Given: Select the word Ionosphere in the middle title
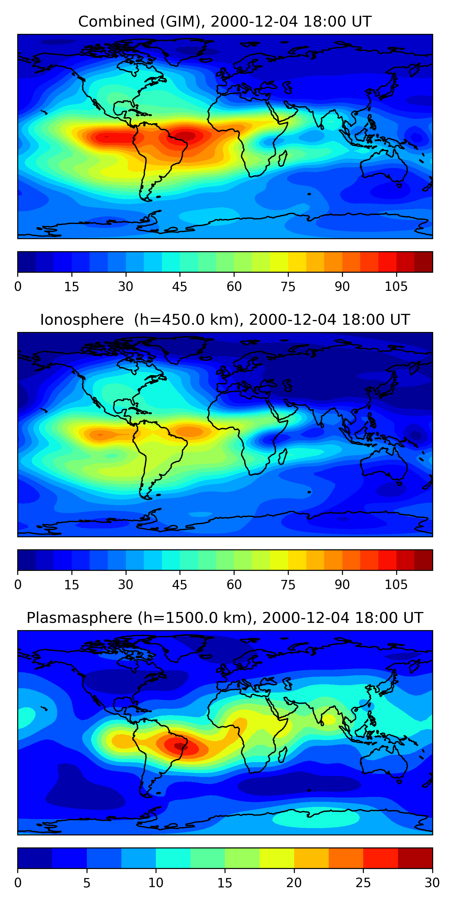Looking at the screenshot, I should point(82,320).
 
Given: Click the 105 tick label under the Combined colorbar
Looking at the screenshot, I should point(396,287).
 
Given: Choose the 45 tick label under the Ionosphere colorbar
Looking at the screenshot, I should point(179,584).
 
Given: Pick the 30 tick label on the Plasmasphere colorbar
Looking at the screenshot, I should point(432,883).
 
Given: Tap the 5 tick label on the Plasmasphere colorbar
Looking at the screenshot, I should point(87,883).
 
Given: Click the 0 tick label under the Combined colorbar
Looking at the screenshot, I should point(18,287).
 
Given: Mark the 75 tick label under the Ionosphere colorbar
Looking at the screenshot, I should point(288,584).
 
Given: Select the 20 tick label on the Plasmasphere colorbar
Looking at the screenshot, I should point(294,883).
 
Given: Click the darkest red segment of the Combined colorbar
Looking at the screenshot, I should point(423,262).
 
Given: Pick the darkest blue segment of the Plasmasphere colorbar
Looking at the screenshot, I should point(35,858).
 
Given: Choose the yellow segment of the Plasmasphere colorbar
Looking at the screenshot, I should point(277,858).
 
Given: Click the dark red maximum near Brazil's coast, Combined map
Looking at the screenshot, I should point(187,136).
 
